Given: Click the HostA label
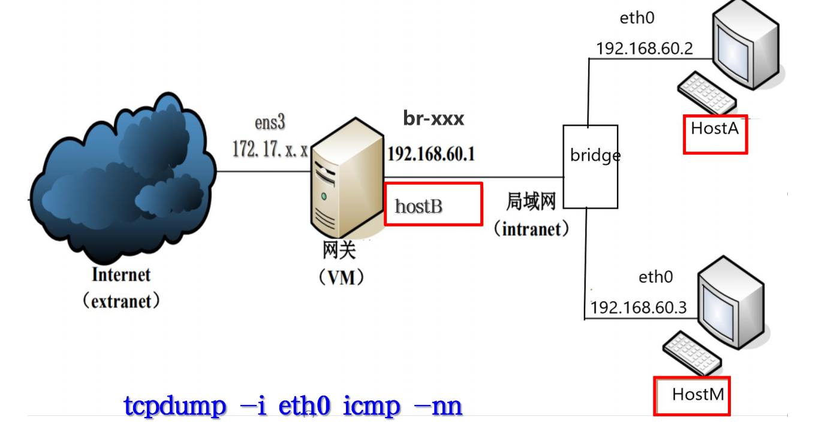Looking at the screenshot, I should [715, 129].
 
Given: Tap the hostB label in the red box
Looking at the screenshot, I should [419, 207].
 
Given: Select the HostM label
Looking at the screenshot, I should [698, 394].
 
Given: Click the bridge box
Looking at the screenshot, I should [590, 166].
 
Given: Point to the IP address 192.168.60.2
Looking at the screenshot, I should [645, 48].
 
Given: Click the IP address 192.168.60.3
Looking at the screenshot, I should [639, 307].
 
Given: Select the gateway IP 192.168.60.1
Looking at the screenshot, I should [431, 154].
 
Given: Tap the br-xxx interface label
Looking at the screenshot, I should [433, 119].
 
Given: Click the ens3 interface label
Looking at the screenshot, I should [269, 123].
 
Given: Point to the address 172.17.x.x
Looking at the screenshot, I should [270, 150].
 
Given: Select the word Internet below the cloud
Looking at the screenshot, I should [121, 275].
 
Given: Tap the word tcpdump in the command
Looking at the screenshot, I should [175, 406].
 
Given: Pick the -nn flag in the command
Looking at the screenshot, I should [438, 406].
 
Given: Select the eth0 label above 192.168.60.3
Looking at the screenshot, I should [655, 277].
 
